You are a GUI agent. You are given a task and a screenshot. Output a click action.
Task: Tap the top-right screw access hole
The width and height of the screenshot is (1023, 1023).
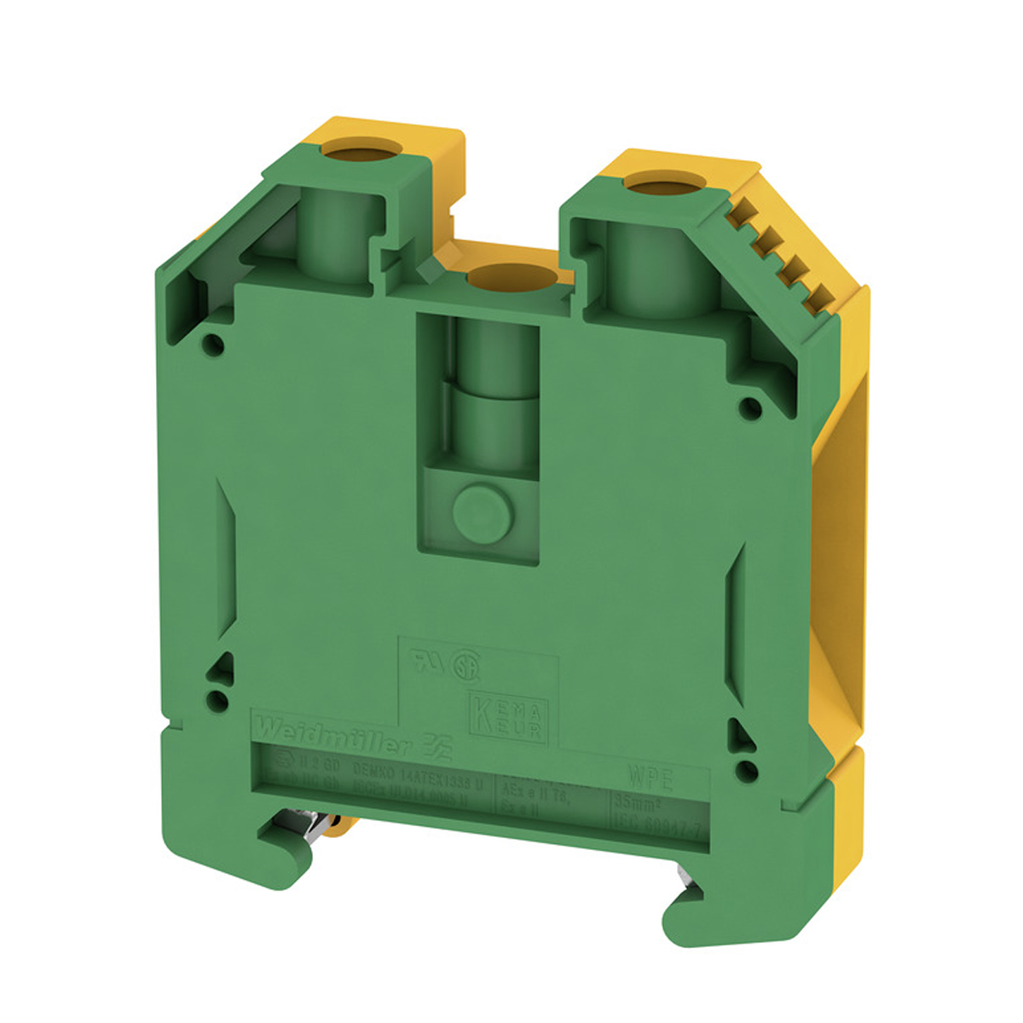(655, 183)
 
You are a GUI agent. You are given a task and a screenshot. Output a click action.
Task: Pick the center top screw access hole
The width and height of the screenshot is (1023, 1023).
(511, 276)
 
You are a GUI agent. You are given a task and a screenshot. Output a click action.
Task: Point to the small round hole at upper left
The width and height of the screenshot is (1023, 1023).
(214, 344)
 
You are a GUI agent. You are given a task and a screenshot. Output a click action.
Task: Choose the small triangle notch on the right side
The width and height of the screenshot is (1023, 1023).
(737, 728)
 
